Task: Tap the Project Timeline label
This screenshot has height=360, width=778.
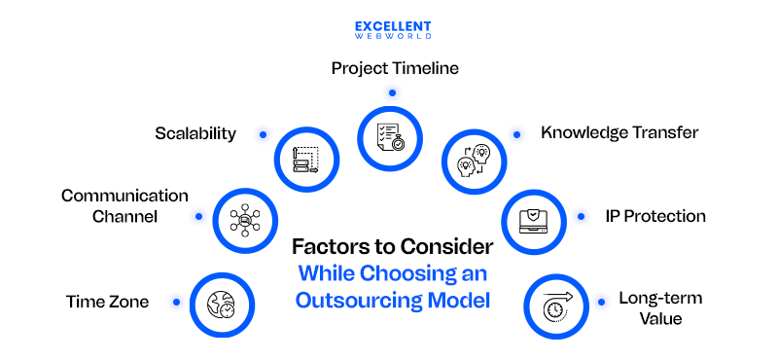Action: pyautogui.click(x=395, y=68)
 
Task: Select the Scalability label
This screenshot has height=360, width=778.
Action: pyautogui.click(x=195, y=133)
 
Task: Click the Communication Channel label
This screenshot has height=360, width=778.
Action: pyautogui.click(x=124, y=206)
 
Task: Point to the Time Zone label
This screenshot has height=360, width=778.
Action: pyautogui.click(x=108, y=302)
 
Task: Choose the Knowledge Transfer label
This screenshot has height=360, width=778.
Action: pyautogui.click(x=619, y=131)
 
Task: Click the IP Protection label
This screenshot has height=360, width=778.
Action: pyautogui.click(x=655, y=216)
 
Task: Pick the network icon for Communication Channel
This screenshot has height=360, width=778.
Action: pyautogui.click(x=243, y=220)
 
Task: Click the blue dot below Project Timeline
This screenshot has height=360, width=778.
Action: pyautogui.click(x=392, y=93)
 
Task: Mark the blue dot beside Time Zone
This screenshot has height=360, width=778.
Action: pyautogui.click(x=176, y=302)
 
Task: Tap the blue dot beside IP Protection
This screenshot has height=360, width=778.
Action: pyautogui.click(x=581, y=216)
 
